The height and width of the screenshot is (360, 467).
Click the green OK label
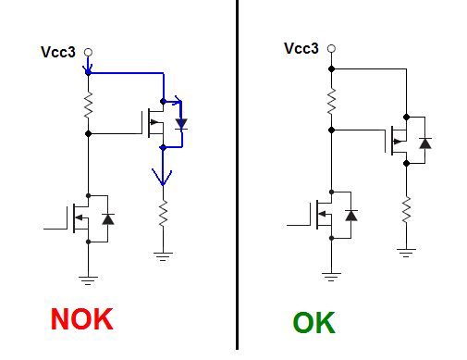coord(314,323)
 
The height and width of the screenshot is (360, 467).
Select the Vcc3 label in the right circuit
coord(301,48)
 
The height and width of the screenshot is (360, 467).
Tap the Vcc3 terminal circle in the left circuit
coord(88,53)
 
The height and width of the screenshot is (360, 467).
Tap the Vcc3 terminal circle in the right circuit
coord(331,48)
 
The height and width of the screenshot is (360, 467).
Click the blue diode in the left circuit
coord(181,123)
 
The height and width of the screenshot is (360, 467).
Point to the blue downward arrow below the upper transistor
coord(163,170)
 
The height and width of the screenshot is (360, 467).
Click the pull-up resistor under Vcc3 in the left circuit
coord(88,105)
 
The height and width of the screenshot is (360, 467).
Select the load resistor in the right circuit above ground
coord(405,211)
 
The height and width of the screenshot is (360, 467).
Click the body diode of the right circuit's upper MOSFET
coord(424,142)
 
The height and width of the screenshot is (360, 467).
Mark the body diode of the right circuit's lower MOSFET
coord(350,216)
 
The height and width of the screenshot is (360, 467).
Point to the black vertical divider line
coord(236,176)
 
